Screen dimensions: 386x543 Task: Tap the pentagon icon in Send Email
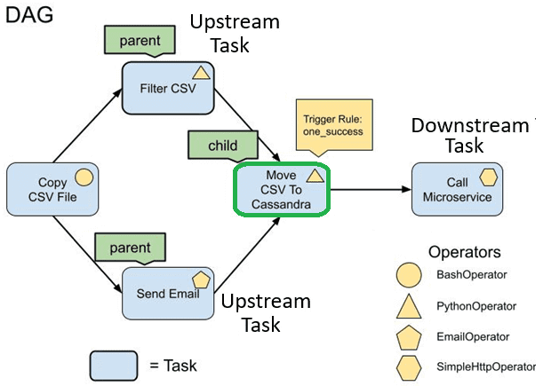pos(201,279)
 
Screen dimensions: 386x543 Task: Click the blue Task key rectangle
pos(113,365)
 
